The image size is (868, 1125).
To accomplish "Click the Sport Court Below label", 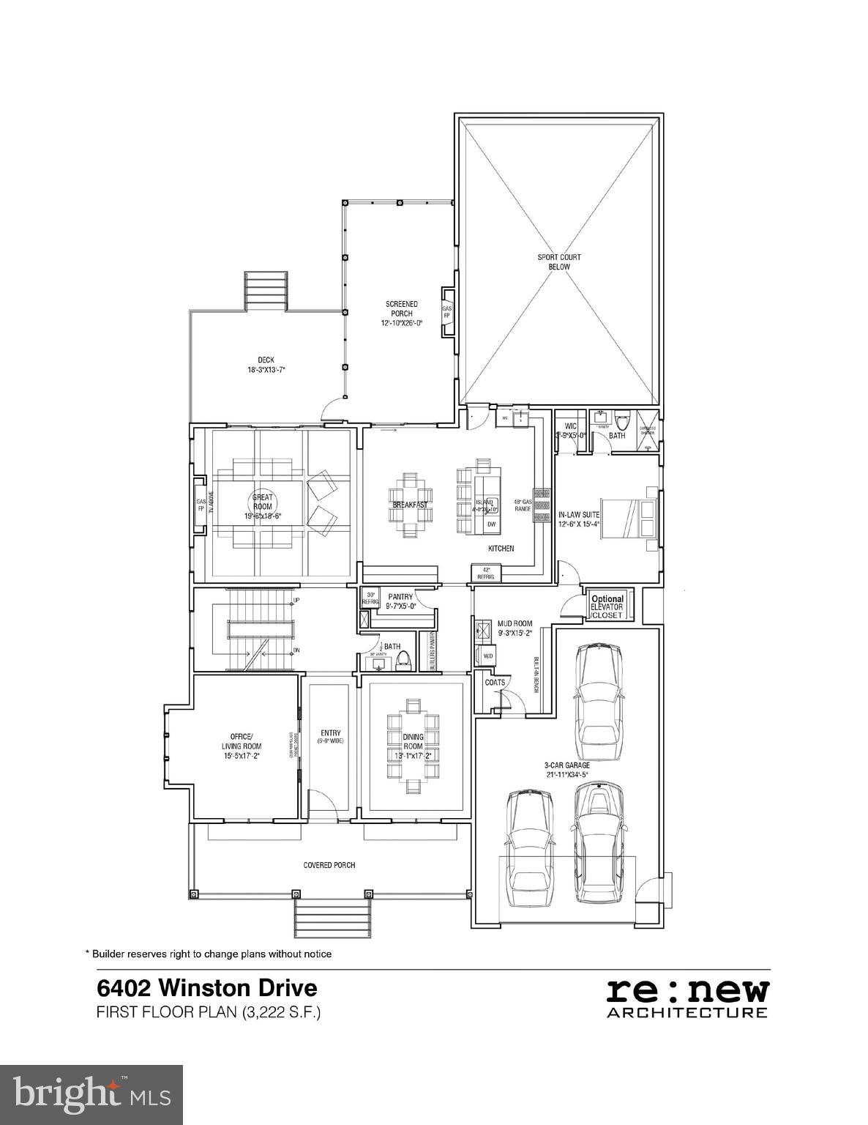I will coord(558,262).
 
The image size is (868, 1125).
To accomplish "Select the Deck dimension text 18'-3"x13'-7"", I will coord(266,370).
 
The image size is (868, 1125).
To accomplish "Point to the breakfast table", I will coord(410,505).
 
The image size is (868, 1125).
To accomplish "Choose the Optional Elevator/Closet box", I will coord(607,607).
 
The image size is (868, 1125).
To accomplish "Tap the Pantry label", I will coord(400,597).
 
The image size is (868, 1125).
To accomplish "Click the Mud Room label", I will coord(515,624).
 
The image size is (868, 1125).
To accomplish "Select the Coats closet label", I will coord(495,682).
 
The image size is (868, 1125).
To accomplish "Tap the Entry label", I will coord(330,733).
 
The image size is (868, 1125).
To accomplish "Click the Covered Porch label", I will coord(329,865).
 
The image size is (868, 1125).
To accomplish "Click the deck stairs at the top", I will coord(267,292).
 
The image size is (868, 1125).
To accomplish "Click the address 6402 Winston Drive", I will coord(207,988).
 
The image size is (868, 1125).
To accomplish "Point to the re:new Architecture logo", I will coord(687,998).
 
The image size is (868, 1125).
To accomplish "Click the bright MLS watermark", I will coord(91,1095).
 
